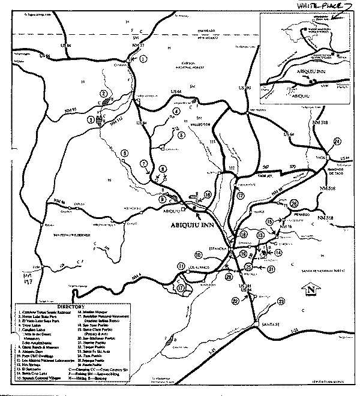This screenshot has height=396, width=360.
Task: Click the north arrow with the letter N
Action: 312,292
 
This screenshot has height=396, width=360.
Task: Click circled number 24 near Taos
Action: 337,141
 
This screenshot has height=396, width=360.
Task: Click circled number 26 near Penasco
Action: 293,204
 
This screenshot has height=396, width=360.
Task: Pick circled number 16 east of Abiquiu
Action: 208,194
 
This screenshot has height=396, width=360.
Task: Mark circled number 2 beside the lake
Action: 104,94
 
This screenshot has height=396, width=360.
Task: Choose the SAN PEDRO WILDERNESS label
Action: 72,234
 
